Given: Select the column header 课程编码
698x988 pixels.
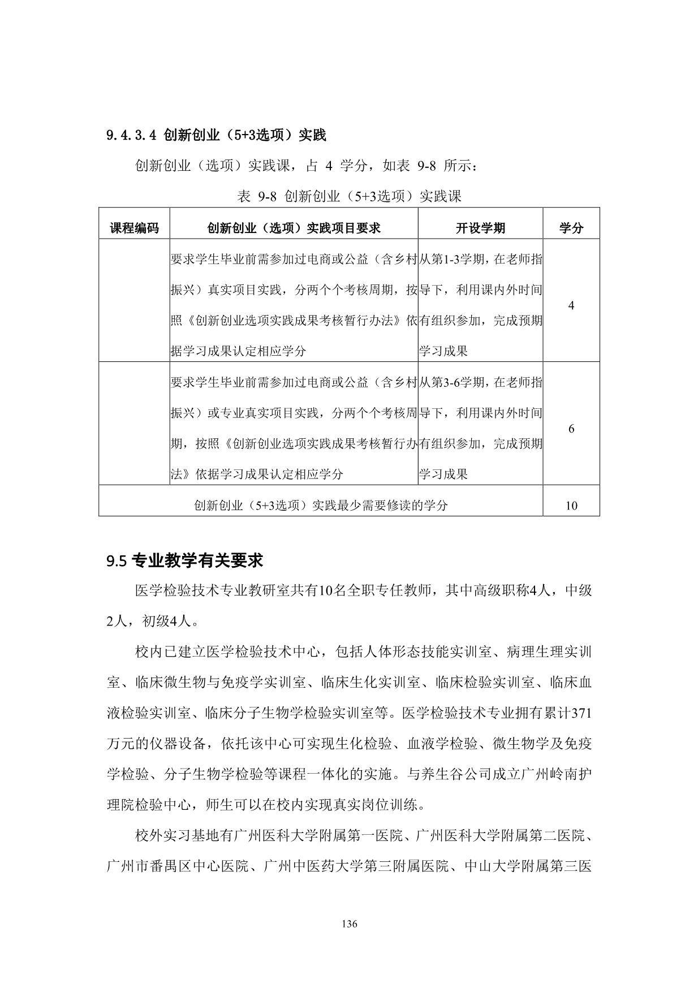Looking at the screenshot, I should (x=134, y=228).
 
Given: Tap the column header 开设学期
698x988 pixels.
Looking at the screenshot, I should (x=480, y=228).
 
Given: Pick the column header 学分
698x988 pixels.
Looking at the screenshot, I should (x=571, y=228).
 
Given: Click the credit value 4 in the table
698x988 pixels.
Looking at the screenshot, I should (x=571, y=305).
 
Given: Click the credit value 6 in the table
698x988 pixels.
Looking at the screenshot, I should (x=571, y=429).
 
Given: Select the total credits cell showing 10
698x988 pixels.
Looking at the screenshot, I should (x=571, y=506).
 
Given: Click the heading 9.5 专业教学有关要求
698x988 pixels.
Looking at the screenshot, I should (x=185, y=561).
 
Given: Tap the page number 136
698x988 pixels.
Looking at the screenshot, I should (x=350, y=924).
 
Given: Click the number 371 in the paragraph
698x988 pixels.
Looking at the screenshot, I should (x=581, y=714).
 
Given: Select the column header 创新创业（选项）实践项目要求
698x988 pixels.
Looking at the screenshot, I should (x=294, y=228).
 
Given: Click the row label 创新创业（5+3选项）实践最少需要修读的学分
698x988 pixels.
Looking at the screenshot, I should (x=321, y=506).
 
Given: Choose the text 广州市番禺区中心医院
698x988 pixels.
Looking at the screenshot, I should (x=178, y=866).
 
